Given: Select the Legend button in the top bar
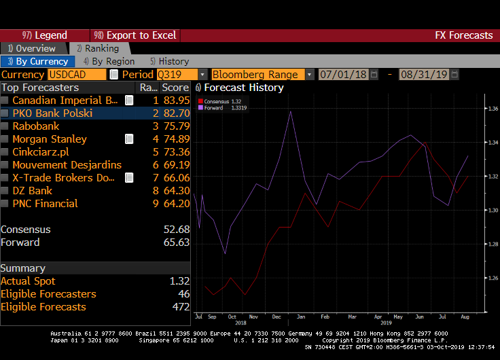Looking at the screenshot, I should click(x=45, y=35).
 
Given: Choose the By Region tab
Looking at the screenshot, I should click(x=108, y=61).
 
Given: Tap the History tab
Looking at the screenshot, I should click(x=170, y=61).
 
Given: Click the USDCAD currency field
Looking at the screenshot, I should click(x=76, y=75).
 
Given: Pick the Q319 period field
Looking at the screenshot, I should click(x=176, y=75).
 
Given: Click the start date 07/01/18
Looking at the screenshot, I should click(x=343, y=75).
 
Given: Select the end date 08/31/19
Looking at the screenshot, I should click(x=424, y=75).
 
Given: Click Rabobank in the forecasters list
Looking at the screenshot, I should click(x=36, y=126).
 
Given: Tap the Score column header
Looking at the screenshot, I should click(x=175, y=88).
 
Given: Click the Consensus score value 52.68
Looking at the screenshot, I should click(x=177, y=230).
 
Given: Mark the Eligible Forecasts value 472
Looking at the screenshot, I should click(x=181, y=307).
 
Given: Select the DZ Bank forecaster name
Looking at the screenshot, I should click(x=33, y=191).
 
